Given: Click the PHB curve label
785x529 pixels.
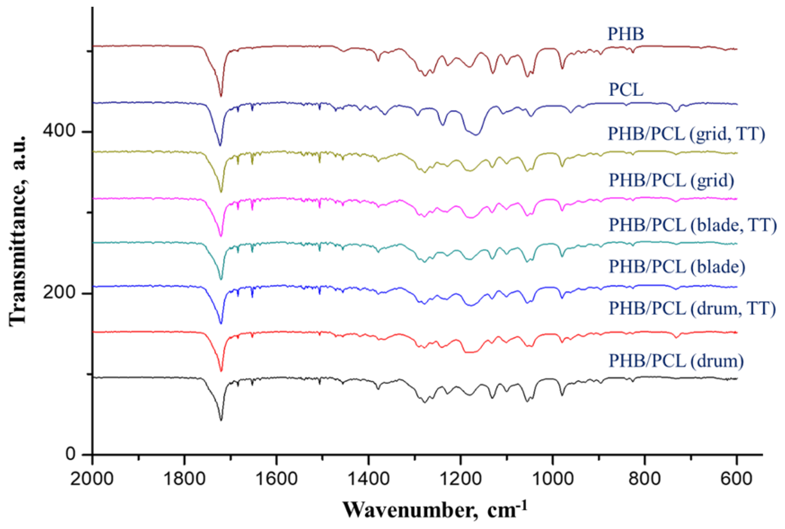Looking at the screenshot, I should pyautogui.click(x=625, y=34).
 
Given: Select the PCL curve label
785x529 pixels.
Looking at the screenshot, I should pyautogui.click(x=626, y=90).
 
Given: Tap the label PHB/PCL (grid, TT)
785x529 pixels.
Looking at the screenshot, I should pyautogui.click(x=686, y=134).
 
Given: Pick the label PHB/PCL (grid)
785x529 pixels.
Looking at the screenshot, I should pyautogui.click(x=671, y=181).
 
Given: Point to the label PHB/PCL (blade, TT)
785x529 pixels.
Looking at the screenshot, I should pyautogui.click(x=693, y=225).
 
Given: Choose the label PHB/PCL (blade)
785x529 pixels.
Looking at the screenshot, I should pyautogui.click(x=677, y=266).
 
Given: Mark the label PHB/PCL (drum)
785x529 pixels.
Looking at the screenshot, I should pyautogui.click(x=676, y=361).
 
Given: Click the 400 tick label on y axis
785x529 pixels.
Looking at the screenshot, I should pyautogui.click(x=59, y=131).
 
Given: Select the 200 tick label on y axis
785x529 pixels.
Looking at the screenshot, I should pyautogui.click(x=59, y=292).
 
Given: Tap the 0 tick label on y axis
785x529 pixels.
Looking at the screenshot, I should pyautogui.click(x=70, y=454).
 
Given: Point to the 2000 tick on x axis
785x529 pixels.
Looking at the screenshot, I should pyautogui.click(x=92, y=479).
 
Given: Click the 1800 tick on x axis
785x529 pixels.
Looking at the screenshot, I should pyautogui.click(x=184, y=479).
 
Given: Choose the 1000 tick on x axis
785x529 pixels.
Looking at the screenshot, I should pyautogui.click(x=552, y=479).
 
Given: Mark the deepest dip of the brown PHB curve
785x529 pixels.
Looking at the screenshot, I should pyautogui.click(x=221, y=96).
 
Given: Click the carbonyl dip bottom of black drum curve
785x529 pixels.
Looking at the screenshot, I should pyautogui.click(x=221, y=420).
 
